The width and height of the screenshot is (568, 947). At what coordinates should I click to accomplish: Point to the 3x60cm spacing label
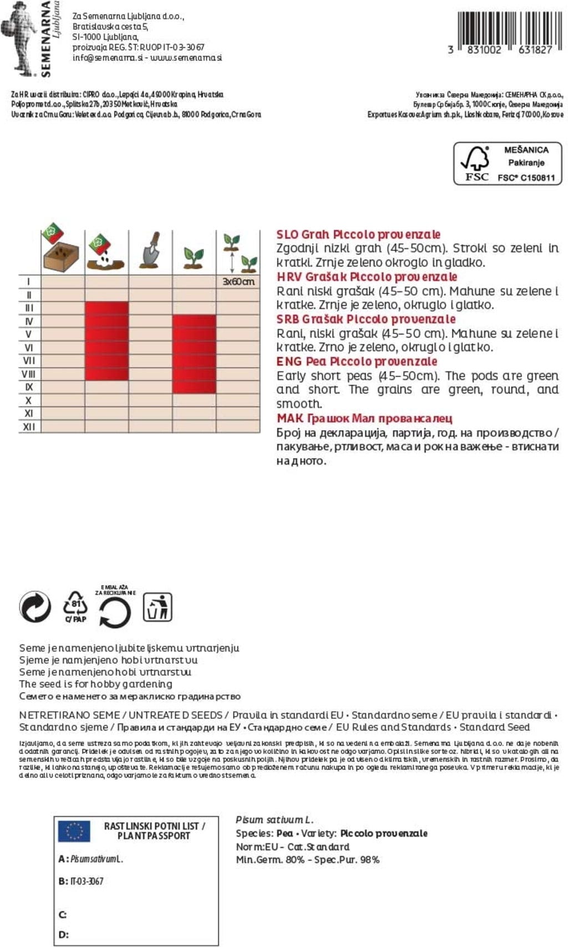coord(238,282)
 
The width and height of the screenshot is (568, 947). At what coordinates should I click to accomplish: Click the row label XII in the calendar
coord(29,427)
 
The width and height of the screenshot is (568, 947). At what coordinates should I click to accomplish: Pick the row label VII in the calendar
coord(29,361)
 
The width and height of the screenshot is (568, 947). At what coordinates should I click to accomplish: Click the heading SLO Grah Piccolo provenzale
coord(358,235)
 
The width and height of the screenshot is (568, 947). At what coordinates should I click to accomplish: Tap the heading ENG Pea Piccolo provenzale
coord(357,362)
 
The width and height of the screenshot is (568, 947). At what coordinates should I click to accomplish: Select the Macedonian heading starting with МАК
coord(364,419)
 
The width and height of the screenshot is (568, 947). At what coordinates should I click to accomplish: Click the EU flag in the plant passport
coord(74,831)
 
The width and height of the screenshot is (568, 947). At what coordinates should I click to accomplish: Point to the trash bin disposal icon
coord(158,607)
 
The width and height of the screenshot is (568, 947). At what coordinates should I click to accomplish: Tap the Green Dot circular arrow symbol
coord(35,606)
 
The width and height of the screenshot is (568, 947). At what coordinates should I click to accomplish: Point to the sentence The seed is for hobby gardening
coord(95,684)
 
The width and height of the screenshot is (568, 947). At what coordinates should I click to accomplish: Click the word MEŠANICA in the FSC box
coord(526,150)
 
